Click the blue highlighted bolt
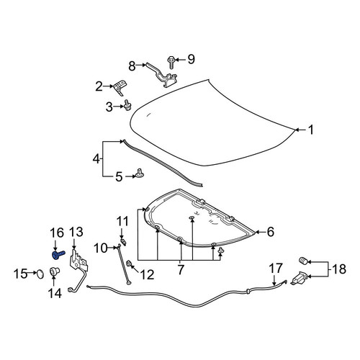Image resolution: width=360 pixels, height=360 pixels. tap(58, 255)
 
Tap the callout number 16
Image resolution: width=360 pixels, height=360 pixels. tap(57, 233)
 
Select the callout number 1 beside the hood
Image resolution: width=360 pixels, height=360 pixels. tap(311, 130)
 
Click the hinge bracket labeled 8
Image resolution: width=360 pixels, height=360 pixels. tap(162, 75)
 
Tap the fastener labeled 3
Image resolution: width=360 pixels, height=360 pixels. tap(127, 106)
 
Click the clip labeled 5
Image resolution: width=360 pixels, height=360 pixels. tap(139, 174)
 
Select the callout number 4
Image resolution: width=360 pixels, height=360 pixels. tap(96, 158)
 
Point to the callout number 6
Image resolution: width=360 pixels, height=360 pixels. tap(271, 232)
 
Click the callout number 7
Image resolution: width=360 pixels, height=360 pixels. tap(180, 269)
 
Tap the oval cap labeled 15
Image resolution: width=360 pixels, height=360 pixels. tap(40, 274)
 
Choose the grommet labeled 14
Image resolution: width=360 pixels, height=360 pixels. tap(54, 272)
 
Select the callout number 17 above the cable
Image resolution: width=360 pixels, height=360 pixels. tap(276, 268)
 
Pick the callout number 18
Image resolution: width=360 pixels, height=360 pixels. tap(339, 269)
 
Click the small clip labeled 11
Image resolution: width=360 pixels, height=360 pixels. tap(123, 241)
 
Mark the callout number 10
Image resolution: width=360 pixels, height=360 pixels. tap(101, 248)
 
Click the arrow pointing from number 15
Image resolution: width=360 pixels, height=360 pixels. tap(32, 273)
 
